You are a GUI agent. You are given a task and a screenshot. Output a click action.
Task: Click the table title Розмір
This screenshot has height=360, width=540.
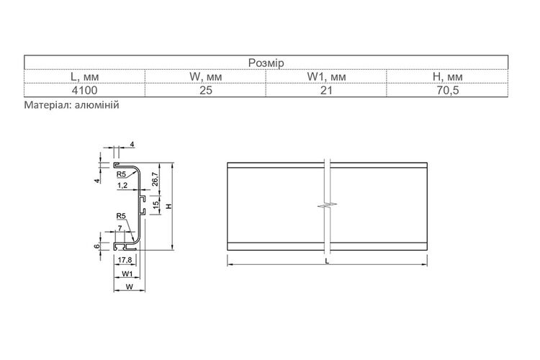coord(266,63)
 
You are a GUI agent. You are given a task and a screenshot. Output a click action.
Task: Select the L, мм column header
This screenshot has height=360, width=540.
coord(84,77)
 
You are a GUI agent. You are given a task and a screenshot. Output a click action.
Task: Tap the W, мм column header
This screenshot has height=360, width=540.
coord(206,77)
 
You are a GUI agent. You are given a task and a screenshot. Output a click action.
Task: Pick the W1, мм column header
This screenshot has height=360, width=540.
coord(326,77)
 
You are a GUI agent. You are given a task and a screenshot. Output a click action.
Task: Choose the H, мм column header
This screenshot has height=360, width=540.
coord(447,77)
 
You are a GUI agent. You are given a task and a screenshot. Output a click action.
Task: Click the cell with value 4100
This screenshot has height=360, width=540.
coord(84,91)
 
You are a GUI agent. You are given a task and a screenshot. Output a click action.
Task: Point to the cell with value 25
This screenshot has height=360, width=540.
coord(206,91)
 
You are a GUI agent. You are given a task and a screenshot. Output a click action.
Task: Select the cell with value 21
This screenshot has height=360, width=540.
coord(326,91)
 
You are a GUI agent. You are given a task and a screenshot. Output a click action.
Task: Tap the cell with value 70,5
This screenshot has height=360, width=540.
coord(447,91)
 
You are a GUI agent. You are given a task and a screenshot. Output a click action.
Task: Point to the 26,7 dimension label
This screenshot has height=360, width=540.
coord(155,179)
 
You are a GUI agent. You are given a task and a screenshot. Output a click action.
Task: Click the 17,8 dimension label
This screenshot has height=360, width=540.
coord(125,260)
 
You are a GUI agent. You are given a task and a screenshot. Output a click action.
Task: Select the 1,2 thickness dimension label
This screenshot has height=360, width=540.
coord(122,185)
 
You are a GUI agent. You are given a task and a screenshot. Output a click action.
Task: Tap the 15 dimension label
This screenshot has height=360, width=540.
coord(156,204)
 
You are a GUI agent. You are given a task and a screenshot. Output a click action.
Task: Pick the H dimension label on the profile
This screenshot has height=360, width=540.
coord(168,206)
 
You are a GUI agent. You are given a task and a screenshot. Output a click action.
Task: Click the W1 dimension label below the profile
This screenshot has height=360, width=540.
coord(127,274)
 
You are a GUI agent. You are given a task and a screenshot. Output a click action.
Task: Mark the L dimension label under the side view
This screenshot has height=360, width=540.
coord(327,261)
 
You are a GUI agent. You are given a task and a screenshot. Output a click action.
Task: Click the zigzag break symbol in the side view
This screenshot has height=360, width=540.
coord(327,206)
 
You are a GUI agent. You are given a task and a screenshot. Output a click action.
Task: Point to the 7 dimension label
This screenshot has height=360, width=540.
coord(120,228)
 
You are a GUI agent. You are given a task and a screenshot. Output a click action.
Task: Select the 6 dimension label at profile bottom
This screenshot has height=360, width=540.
coord(97,246)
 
